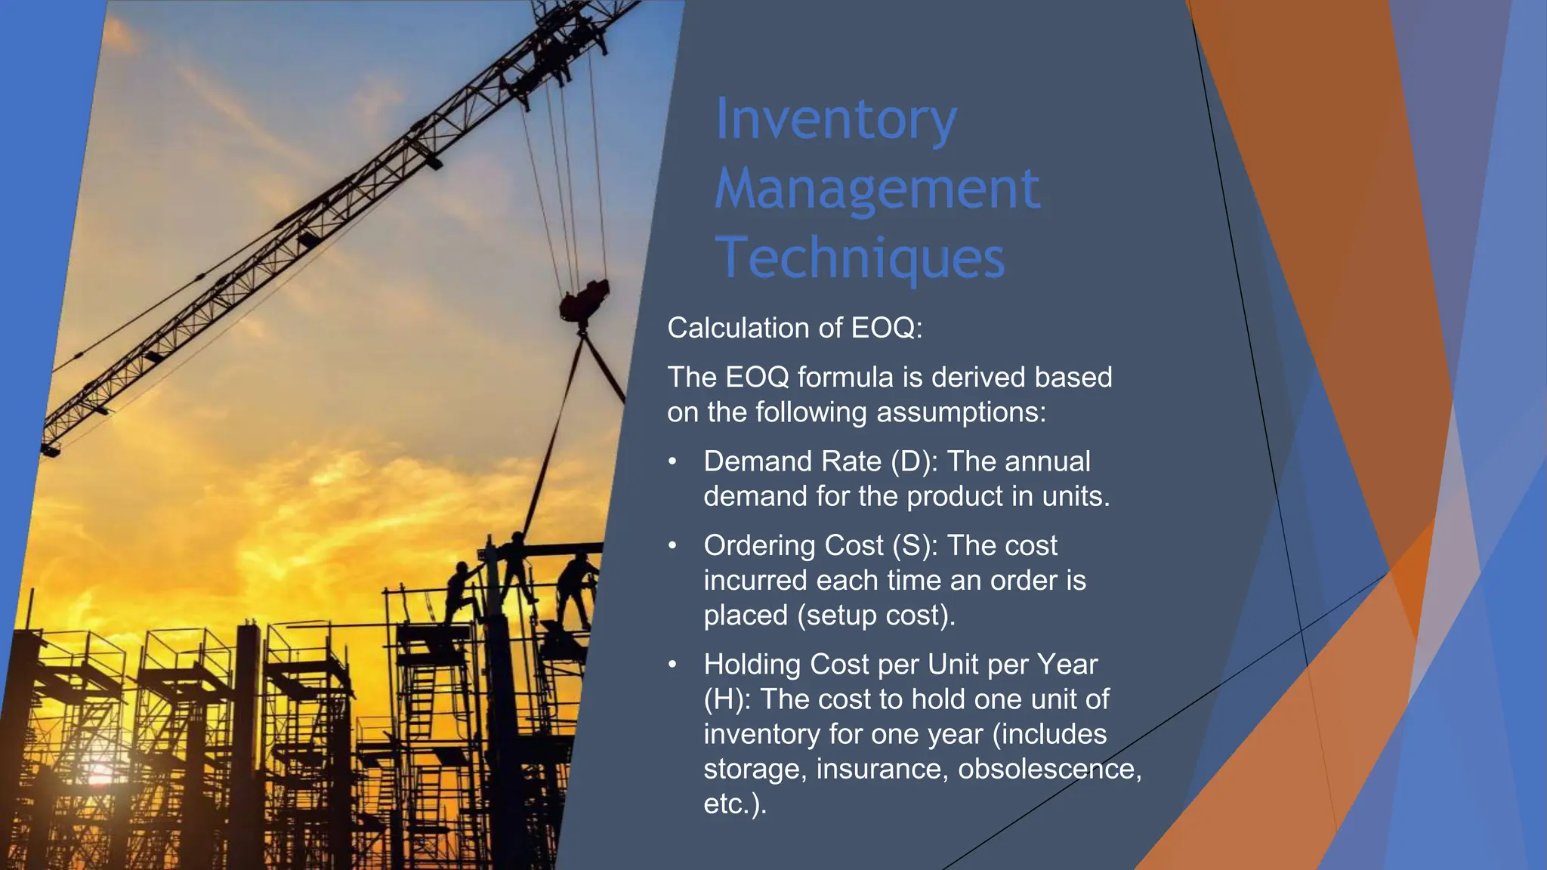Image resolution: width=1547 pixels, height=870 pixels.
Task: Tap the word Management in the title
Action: coord(877,189)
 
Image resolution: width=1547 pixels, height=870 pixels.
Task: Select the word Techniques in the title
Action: coord(860,258)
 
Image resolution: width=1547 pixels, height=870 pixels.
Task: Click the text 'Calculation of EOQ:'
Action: coord(795,329)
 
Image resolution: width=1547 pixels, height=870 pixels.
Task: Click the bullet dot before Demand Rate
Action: coord(672,461)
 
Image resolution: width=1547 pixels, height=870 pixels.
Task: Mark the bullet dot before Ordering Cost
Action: coord(672,545)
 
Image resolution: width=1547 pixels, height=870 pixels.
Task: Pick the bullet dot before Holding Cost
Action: coord(672,665)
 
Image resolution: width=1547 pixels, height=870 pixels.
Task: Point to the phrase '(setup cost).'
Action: coord(876,615)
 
